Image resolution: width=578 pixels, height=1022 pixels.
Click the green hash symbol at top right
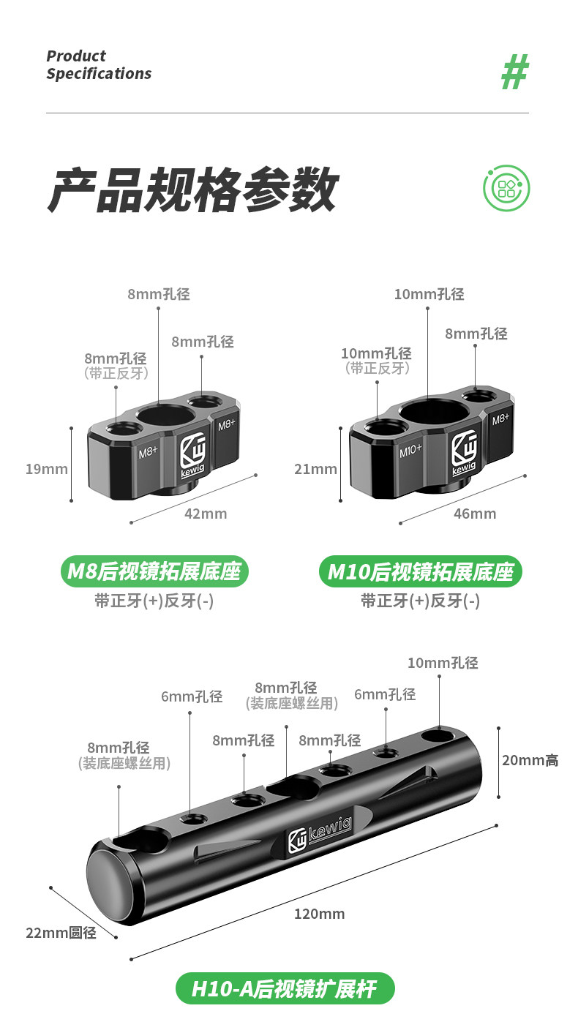[514, 72]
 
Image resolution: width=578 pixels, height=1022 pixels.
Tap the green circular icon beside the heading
[506, 189]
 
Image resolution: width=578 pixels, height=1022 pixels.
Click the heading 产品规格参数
[192, 190]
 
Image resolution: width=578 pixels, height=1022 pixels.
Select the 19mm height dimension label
[47, 469]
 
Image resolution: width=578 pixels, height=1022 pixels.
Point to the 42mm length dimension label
[205, 514]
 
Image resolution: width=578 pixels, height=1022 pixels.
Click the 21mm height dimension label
[315, 469]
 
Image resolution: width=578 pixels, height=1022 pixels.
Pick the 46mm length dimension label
[475, 514]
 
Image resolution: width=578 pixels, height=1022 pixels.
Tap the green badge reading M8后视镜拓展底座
[154, 571]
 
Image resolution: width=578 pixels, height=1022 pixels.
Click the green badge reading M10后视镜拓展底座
[421, 571]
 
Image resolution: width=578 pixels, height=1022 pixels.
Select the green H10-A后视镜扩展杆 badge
[285, 989]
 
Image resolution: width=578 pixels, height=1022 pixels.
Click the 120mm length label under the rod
[319, 914]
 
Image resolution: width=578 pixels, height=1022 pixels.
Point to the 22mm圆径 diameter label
[61, 933]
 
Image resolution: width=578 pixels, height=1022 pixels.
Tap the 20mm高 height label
[530, 760]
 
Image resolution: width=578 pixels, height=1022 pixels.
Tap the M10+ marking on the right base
[410, 451]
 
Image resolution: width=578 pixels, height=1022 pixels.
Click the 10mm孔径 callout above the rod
[443, 663]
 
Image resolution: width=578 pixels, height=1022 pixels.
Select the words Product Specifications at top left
[99, 65]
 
